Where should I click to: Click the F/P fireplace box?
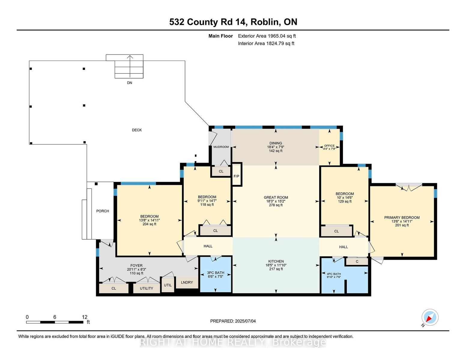coord(237,174)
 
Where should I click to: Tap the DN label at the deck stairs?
coord(129,83)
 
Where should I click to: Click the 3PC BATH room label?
coord(216,273)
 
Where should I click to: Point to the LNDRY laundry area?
coord(187,282)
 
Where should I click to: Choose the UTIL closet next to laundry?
coord(168,285)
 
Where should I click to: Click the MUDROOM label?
coord(221,147)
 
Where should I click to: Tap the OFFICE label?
coord(329,145)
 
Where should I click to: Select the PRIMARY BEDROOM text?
coord(402,217)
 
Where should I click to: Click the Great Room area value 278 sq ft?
coord(276,205)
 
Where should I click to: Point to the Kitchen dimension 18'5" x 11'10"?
coord(276,265)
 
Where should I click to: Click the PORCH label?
coord(102,211)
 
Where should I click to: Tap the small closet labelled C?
coord(357,262)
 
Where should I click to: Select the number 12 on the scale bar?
coord(85,317)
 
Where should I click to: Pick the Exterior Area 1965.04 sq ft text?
coord(267,36)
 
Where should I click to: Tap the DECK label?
coord(137,130)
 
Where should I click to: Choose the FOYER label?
coord(136,265)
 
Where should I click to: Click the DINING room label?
coord(276,143)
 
